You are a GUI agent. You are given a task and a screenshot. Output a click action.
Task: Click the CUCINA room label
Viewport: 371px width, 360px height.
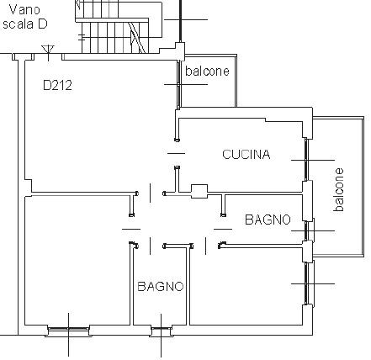coord(246,155)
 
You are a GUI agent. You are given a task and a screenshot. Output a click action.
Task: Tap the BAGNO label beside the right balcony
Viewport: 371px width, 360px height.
coord(268,220)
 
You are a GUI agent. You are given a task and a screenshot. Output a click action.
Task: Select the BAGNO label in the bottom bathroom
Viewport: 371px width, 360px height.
coord(161,286)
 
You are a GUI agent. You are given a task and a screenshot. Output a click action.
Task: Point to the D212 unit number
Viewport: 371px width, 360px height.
coord(57,85)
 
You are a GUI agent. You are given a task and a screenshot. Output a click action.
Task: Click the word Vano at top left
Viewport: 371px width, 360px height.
coord(24,10)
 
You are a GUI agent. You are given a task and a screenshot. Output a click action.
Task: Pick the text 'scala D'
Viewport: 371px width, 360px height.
coord(25,24)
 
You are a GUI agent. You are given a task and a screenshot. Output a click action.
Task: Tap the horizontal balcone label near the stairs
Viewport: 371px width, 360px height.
coord(207,71)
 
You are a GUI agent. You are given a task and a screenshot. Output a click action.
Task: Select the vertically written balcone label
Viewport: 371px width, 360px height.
coord(339,189)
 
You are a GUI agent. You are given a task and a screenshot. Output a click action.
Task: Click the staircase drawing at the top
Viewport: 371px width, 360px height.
coord(119,27)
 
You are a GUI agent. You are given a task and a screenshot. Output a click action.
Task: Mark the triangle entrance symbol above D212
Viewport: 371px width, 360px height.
coord(48,50)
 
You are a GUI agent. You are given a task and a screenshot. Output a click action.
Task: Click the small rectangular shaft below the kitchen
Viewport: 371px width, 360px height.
coord(199,191)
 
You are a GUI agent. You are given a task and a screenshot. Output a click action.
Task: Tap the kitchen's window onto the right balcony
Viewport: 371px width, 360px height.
coord(306,160)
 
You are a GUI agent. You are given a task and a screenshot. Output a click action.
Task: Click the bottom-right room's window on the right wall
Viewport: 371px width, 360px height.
coord(306,283)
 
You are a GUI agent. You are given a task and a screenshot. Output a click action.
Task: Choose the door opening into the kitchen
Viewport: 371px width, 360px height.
coord(177,153)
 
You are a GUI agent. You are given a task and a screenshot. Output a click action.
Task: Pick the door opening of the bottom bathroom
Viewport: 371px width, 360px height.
coord(151,246)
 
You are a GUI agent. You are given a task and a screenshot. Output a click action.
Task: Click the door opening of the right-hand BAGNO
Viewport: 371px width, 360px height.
coord(223,229)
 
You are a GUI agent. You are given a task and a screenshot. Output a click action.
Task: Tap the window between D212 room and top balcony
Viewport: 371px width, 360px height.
coord(178,84)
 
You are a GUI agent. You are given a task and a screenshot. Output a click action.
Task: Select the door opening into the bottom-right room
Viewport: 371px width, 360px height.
coord(206,246)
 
